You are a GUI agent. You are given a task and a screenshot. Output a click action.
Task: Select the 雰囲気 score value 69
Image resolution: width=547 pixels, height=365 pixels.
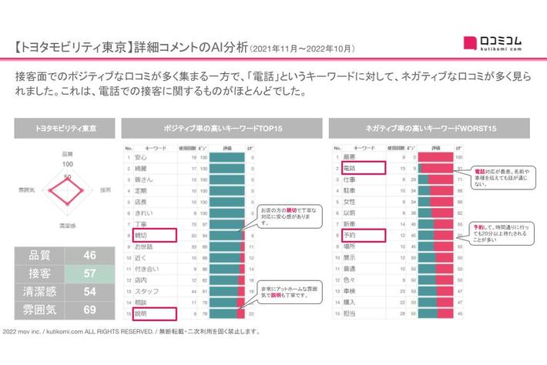coord(90,310)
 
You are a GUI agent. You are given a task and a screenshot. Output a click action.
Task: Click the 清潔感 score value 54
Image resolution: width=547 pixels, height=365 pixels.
coord(90,291)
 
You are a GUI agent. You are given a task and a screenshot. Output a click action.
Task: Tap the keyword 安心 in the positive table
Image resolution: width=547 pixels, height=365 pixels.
coord(142,157)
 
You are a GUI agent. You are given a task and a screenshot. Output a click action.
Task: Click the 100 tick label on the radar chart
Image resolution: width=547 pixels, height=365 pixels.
coord(67,163)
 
